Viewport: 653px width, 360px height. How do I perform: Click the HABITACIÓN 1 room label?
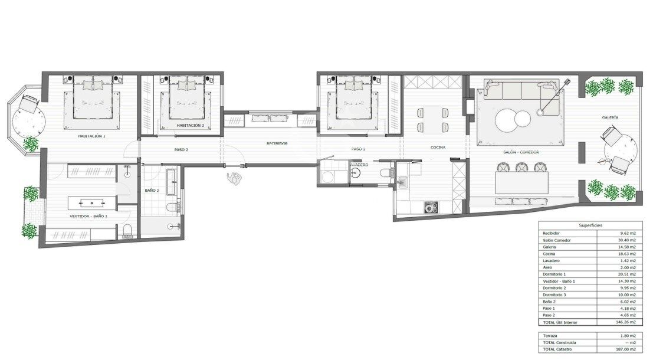point(91,136)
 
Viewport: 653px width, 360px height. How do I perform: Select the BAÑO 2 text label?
point(152,191)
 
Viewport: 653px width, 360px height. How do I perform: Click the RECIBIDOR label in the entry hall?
point(277,143)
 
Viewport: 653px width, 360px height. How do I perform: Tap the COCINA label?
point(437,148)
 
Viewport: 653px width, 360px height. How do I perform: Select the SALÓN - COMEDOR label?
point(521,152)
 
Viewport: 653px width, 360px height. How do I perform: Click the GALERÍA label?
point(610,118)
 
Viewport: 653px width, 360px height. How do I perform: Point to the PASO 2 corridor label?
point(181,150)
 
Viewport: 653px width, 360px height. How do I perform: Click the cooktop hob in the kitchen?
point(431,207)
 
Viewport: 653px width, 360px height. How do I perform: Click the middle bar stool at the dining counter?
point(522,168)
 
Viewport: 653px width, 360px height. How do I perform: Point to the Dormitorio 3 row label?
point(555,294)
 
